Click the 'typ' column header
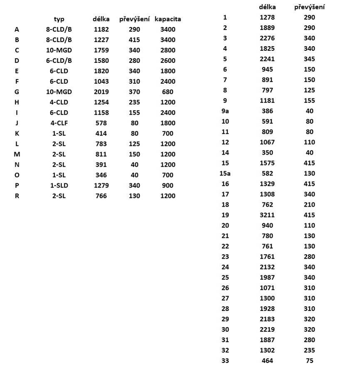coord(59,19)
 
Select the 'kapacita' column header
coord(168,19)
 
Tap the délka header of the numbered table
coord(267,7)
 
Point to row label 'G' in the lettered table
coord(17,92)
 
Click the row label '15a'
coord(225,173)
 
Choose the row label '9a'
coord(225,111)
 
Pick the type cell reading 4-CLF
coord(59,123)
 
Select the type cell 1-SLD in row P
coord(59,185)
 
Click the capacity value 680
coord(168,92)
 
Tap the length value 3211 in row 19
coord(267,215)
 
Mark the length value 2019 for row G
coord(101,92)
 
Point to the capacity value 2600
coord(168,60)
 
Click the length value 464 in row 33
coord(267,361)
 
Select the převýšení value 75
coord(309,361)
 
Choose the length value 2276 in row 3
coord(267,38)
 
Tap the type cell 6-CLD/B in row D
coord(59,60)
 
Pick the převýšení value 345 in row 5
coord(309,59)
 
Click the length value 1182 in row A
coord(101,30)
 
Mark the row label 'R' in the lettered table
coord(17,196)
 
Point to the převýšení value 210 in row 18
coord(309,205)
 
